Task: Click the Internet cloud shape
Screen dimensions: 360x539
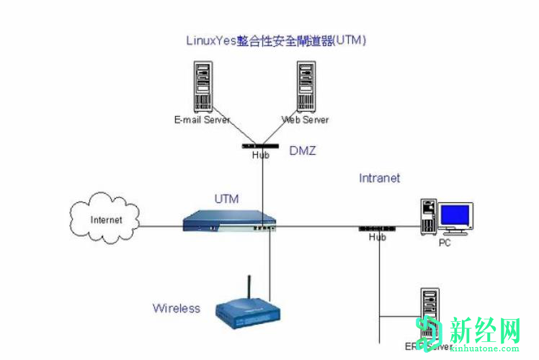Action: pyautogui.click(x=105, y=220)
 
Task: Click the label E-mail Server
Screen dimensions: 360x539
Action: pyautogui.click(x=201, y=120)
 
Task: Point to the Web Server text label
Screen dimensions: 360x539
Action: pyautogui.click(x=306, y=120)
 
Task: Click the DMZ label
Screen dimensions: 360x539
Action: pyautogui.click(x=303, y=150)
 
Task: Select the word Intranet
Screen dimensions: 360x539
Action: pyautogui.click(x=379, y=178)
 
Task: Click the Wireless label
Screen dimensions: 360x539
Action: pyautogui.click(x=176, y=308)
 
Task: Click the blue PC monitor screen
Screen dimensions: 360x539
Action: pyautogui.click(x=455, y=215)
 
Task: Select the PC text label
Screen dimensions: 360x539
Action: pyautogui.click(x=445, y=243)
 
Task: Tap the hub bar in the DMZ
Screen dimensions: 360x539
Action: pyautogui.click(x=261, y=146)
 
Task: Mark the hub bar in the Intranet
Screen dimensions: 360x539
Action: pyautogui.click(x=377, y=228)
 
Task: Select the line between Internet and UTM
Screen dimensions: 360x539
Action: pyautogui.click(x=159, y=226)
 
